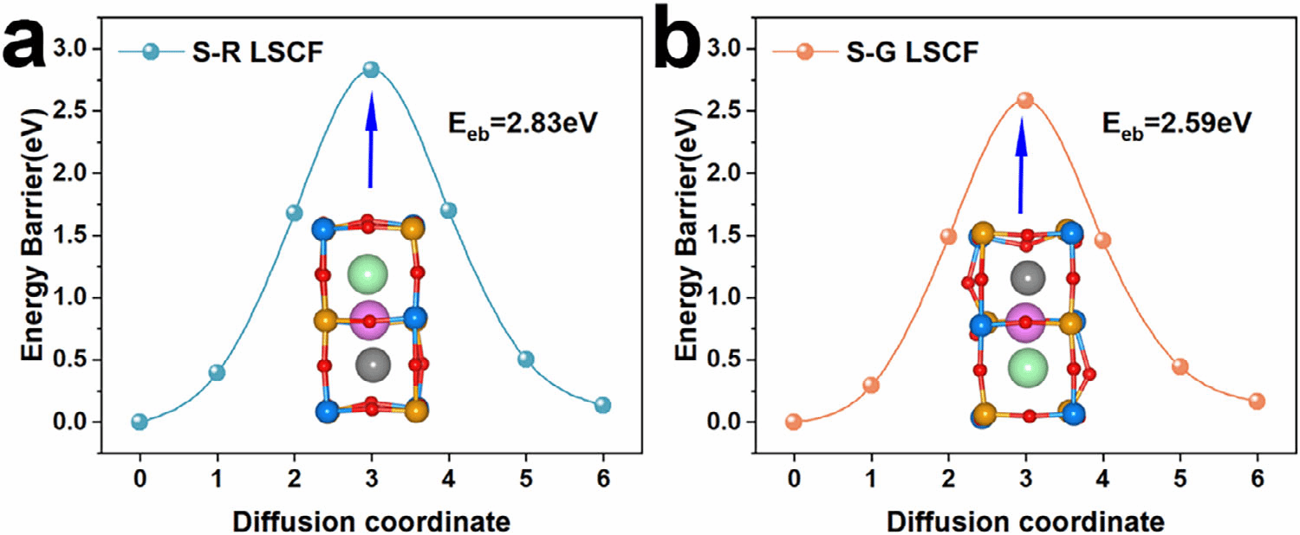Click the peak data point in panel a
[371, 69]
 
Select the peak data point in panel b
[1025, 100]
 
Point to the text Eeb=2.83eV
[523, 124]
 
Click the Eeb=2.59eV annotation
[1176, 124]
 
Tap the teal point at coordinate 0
[140, 422]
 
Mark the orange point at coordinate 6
[1257, 402]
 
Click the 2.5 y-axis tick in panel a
[76, 111]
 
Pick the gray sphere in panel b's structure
[1027, 278]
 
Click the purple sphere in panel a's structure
[370, 321]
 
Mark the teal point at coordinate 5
[525, 359]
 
